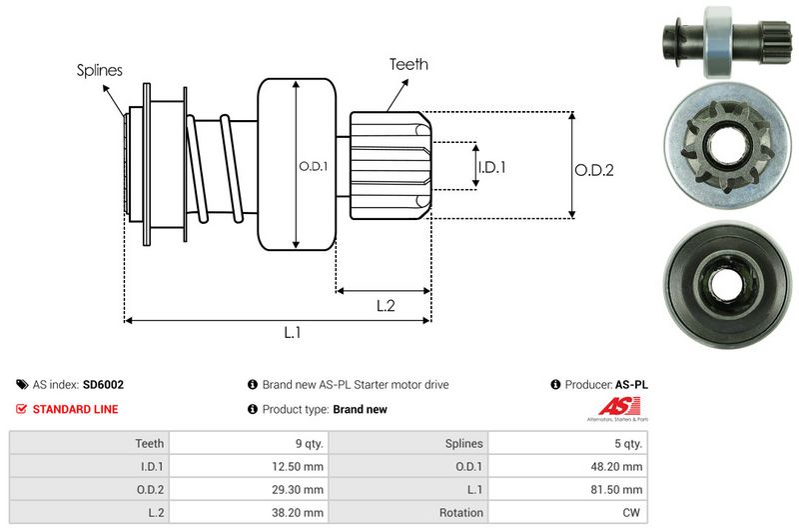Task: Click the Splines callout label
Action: [100, 71]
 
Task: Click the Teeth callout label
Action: [408, 64]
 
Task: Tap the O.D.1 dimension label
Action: [313, 166]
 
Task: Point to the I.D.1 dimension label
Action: [492, 167]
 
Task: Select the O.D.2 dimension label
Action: [593, 170]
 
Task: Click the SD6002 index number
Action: [104, 384]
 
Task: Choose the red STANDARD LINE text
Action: [75, 409]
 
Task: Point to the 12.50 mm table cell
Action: [300, 466]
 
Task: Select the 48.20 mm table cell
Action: [619, 466]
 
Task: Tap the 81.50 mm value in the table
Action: [619, 490]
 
